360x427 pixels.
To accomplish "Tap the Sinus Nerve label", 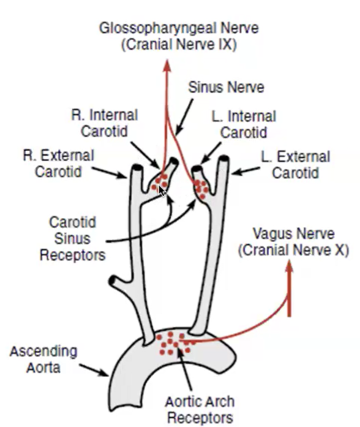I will coord(227,87).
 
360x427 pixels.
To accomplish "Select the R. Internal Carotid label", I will coord(105,123).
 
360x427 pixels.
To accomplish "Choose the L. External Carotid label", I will coord(295,165).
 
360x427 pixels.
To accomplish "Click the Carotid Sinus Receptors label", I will coord(72,237).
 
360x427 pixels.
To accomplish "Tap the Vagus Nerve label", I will coord(293,242).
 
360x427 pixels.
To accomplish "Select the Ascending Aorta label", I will coord(43,360).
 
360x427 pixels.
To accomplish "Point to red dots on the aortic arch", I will coord(175,342).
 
